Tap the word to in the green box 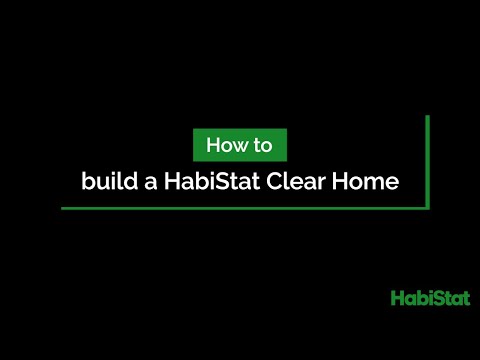click(263, 145)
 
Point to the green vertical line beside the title click(428, 160)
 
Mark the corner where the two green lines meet click(428, 208)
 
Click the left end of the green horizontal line click(63, 208)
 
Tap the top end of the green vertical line click(428, 117)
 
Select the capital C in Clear click(275, 183)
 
